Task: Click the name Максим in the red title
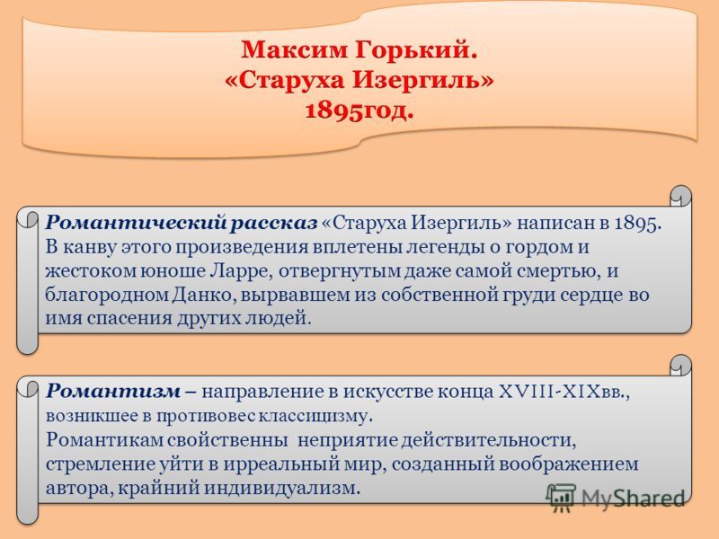pyautogui.click(x=294, y=49)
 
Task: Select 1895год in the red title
pyautogui.click(x=359, y=110)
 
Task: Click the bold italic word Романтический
pyautogui.click(x=136, y=223)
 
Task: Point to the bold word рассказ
pyautogui.click(x=274, y=223)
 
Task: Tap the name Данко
pyautogui.click(x=205, y=295)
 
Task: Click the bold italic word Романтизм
pyautogui.click(x=113, y=391)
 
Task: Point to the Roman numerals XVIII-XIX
pyautogui.click(x=548, y=392)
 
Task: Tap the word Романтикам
pyautogui.click(x=104, y=440)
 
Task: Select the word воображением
pyautogui.click(x=569, y=464)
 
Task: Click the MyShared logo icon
pyautogui.click(x=560, y=498)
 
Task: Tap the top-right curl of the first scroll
pyautogui.click(x=681, y=196)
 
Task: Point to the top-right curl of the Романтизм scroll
pyautogui.click(x=681, y=366)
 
